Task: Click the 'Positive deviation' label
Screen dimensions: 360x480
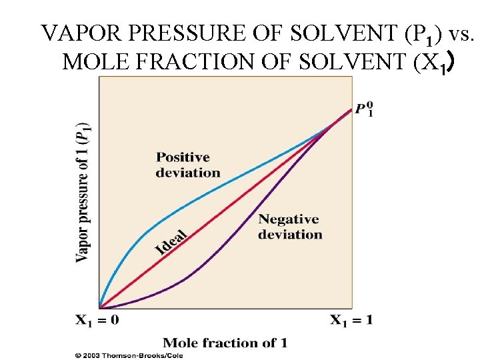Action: click(187, 165)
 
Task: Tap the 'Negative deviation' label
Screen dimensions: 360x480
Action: click(289, 227)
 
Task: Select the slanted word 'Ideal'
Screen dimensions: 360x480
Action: click(171, 241)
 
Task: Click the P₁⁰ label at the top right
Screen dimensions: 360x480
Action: click(363, 108)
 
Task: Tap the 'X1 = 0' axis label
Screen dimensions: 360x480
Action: click(97, 321)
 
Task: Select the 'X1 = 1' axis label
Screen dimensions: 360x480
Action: click(351, 321)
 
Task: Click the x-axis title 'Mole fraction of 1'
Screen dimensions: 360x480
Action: click(225, 343)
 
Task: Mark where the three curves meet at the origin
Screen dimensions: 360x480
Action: click(99, 307)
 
